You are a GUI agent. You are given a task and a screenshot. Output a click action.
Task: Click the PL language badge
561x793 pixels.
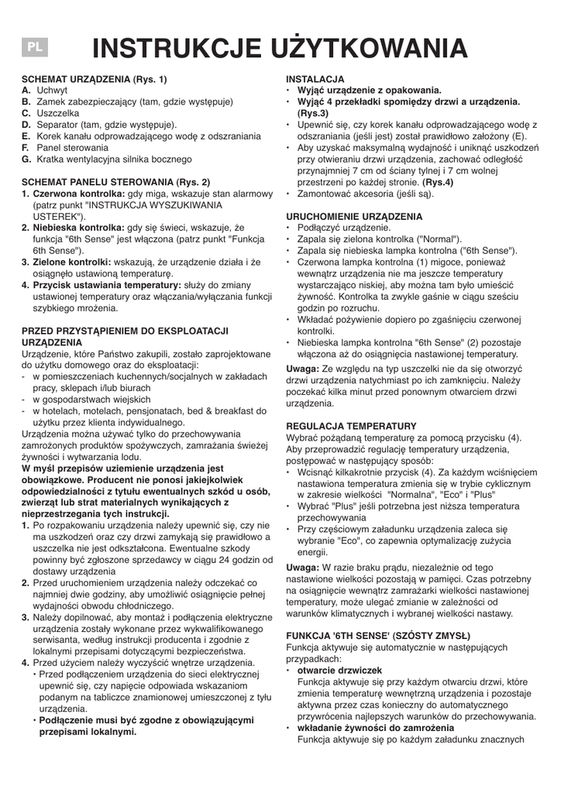(35, 47)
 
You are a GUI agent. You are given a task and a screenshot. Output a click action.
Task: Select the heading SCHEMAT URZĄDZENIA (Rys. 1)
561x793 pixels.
(94, 80)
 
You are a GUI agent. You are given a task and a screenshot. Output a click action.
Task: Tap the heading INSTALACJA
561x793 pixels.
(315, 80)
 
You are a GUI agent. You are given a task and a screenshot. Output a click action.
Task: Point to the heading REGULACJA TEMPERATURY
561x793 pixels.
(352, 426)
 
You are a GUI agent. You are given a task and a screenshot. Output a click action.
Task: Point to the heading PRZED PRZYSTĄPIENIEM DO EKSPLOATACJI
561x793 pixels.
(124, 331)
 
